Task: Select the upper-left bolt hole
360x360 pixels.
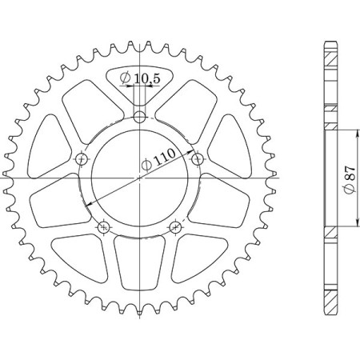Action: pos(82,160)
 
